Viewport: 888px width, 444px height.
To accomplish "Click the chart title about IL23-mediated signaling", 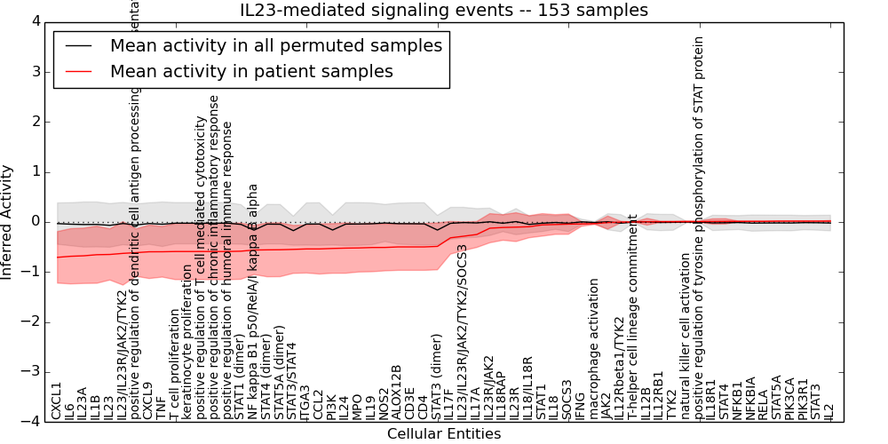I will coord(444,10).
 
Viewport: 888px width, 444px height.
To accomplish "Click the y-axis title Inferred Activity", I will coord(7,221).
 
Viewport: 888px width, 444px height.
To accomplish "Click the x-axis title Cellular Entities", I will coord(444,434).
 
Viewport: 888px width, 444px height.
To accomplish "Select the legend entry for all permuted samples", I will coord(275,45).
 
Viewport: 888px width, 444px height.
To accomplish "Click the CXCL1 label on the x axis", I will coord(57,400).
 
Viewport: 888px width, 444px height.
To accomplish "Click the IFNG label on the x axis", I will coord(581,404).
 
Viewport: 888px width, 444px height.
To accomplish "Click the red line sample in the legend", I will coord(78,72).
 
